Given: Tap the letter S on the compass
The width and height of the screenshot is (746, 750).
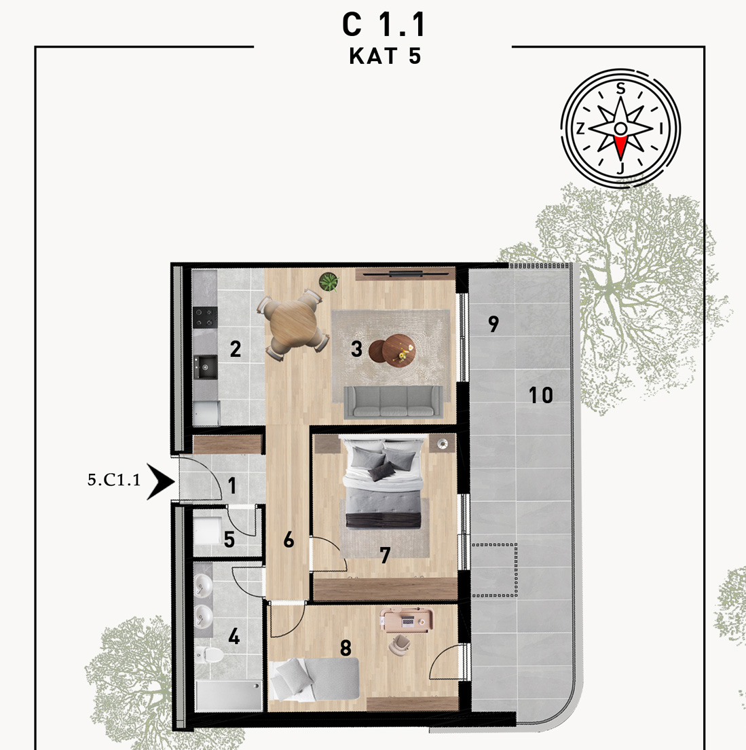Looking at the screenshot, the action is (620, 88).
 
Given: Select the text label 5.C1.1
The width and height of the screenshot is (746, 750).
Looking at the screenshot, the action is (114, 480).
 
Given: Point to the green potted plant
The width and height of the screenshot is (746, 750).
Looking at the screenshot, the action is (329, 282).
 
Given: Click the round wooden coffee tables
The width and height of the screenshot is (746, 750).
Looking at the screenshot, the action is (392, 350).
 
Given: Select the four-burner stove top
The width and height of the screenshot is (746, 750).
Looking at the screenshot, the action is (205, 318).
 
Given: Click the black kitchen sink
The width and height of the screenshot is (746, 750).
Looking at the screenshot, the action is (205, 367).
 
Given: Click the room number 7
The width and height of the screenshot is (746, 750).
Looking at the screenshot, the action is (385, 555).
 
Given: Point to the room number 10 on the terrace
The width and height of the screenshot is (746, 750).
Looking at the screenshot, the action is (540, 395).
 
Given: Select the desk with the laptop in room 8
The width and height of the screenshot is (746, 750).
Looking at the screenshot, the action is (407, 620).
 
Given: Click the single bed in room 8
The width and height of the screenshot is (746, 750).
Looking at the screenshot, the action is (314, 679).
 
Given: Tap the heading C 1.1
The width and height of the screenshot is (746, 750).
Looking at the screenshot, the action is (384, 25).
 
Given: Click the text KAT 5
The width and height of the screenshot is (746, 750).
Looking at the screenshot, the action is (385, 56).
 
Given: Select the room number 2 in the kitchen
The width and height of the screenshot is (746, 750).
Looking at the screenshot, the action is (235, 349).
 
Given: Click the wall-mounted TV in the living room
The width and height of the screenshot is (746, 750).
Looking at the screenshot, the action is (405, 274).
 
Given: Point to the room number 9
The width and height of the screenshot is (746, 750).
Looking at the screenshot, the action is (493, 324).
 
